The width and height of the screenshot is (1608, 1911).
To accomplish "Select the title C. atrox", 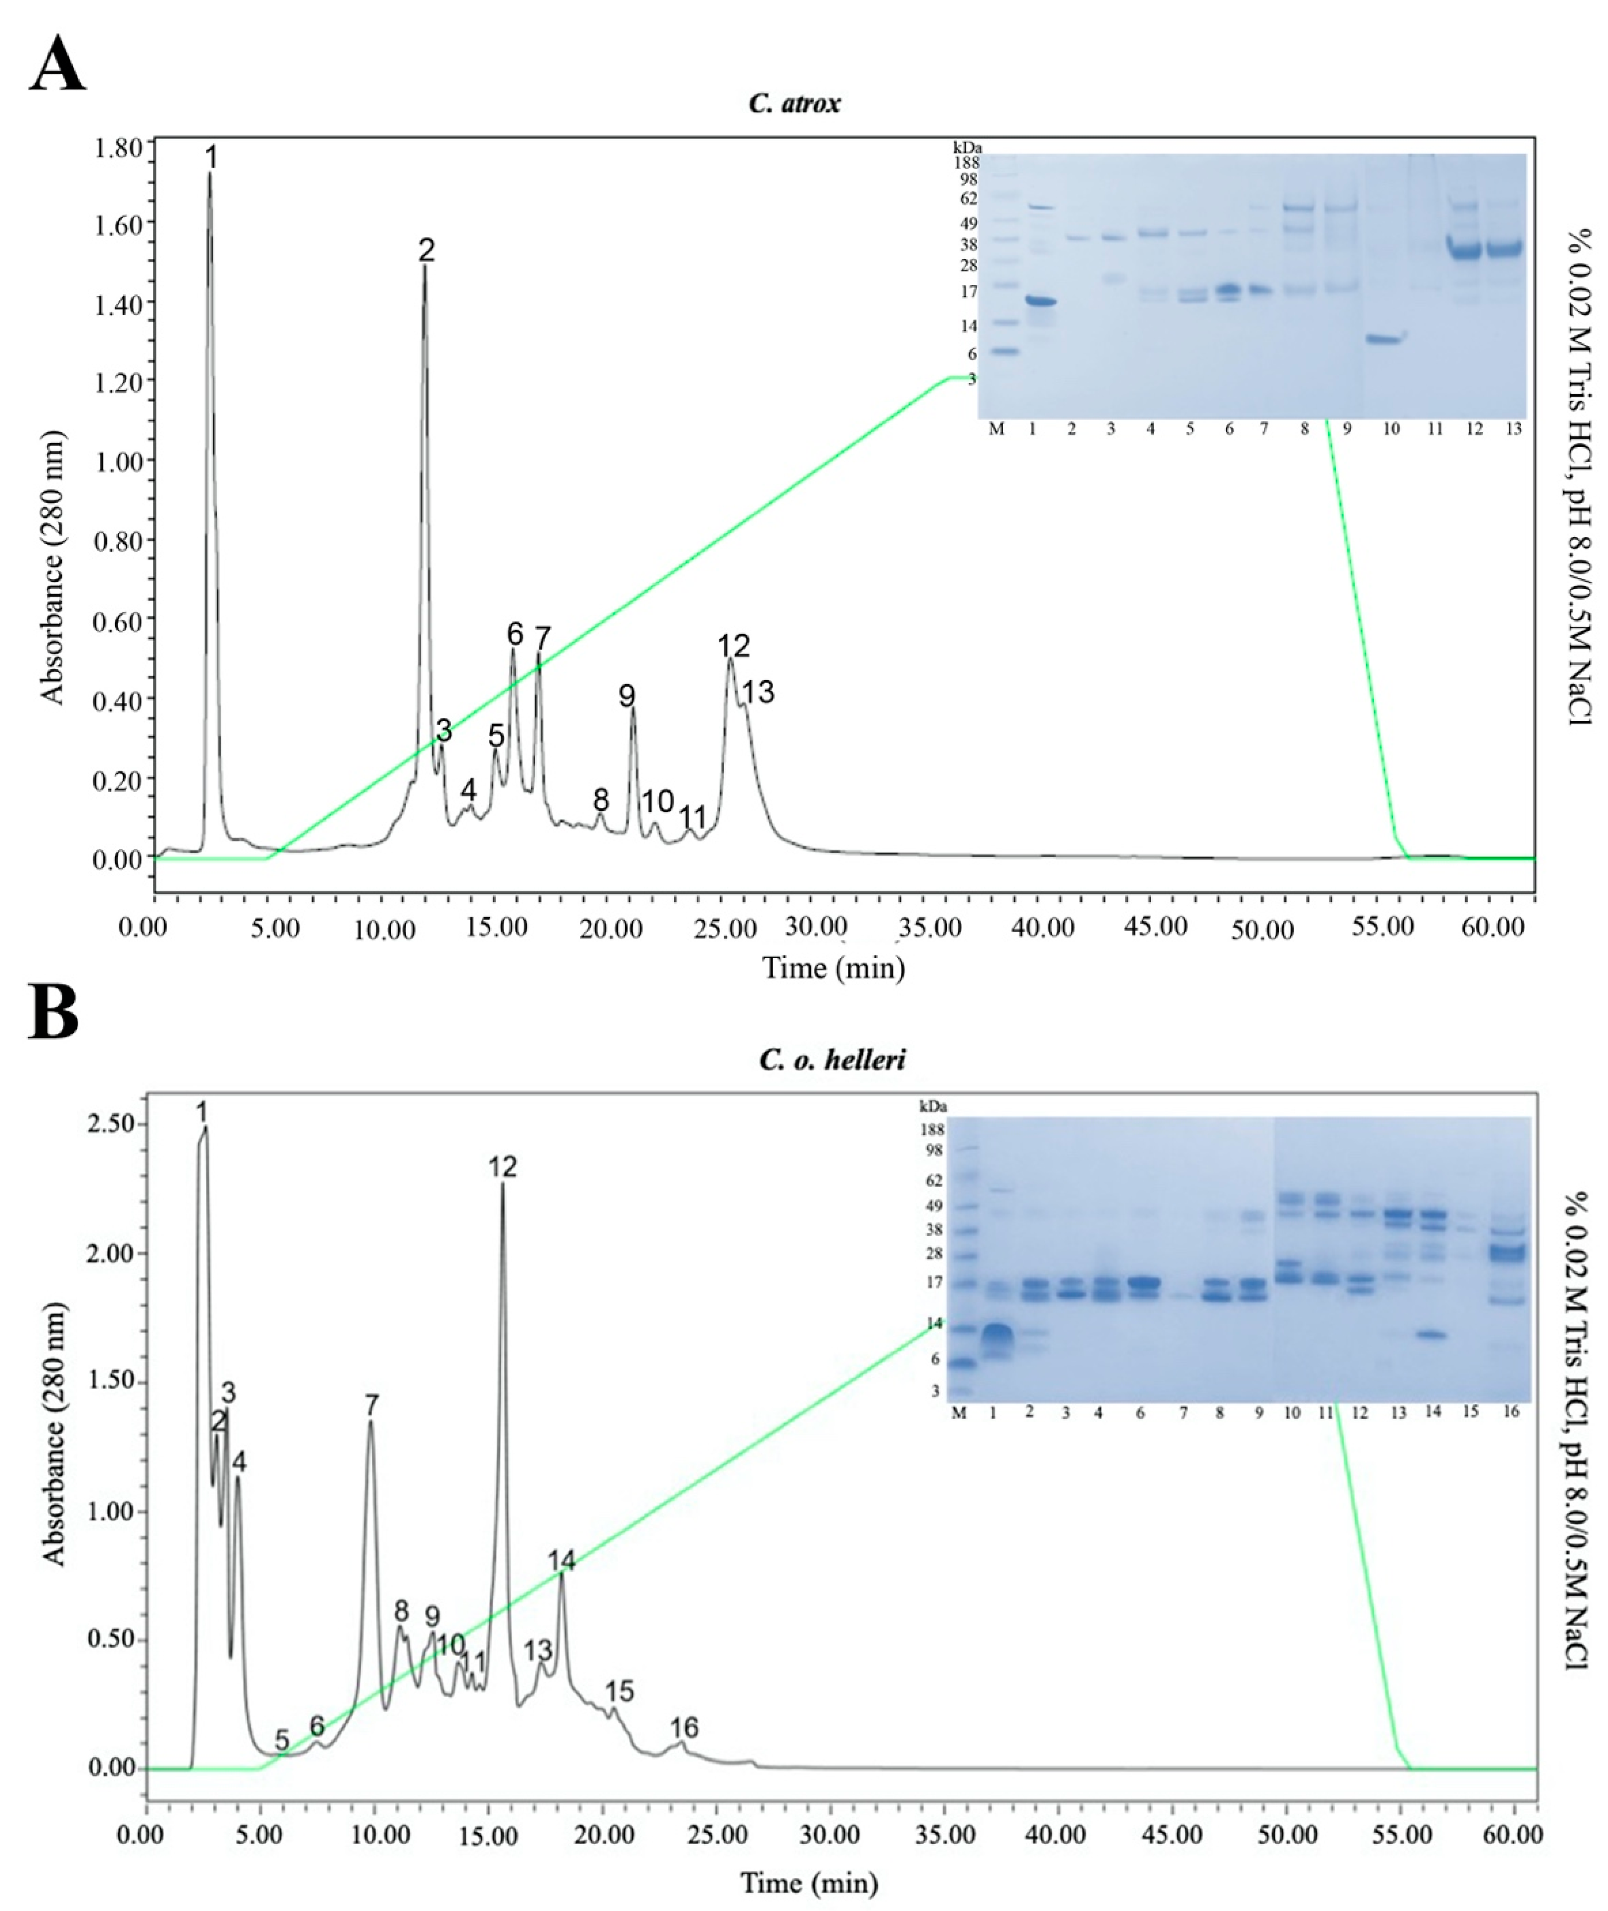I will point(794,103).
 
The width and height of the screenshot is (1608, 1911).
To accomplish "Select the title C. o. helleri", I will point(832,1059).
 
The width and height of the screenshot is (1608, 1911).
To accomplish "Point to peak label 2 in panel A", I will point(426,250).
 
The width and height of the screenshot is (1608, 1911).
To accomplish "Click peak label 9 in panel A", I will point(627,696).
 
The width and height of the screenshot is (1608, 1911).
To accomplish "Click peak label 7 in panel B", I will point(371,1405).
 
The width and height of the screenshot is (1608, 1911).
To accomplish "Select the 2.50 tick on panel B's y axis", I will point(111,1124).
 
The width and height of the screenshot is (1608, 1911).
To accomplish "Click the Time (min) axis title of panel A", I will point(833,966).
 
